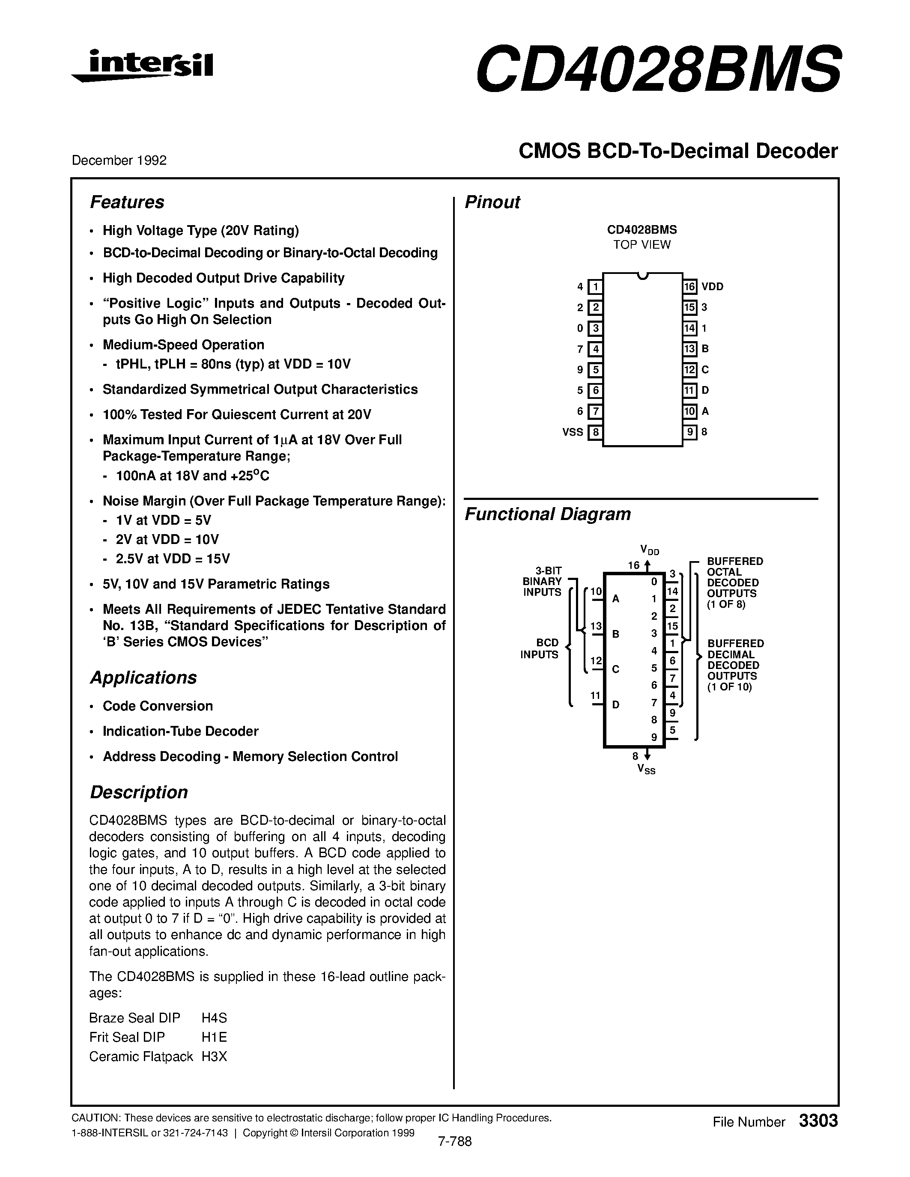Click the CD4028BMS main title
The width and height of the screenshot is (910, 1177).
[658, 68]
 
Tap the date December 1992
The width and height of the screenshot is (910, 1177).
[119, 160]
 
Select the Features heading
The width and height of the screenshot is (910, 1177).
[127, 202]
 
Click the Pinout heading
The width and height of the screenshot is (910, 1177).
[492, 202]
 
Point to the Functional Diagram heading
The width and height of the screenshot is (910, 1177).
[547, 514]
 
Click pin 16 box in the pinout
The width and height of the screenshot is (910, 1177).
[689, 287]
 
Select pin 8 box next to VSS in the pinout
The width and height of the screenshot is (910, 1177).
[595, 432]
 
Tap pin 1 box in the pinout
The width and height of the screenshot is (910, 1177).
[595, 287]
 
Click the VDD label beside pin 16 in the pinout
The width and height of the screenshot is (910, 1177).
[712, 287]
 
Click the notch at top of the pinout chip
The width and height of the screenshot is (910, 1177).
[641, 276]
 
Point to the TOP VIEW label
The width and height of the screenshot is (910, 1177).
[641, 245]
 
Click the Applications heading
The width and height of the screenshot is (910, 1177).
[143, 678]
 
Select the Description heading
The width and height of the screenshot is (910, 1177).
[139, 792]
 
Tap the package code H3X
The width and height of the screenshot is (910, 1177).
[214, 1057]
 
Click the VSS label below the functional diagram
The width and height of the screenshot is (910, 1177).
[646, 770]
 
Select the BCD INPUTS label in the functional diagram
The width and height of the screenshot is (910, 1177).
[539, 649]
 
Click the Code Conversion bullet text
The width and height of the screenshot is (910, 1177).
[158, 706]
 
